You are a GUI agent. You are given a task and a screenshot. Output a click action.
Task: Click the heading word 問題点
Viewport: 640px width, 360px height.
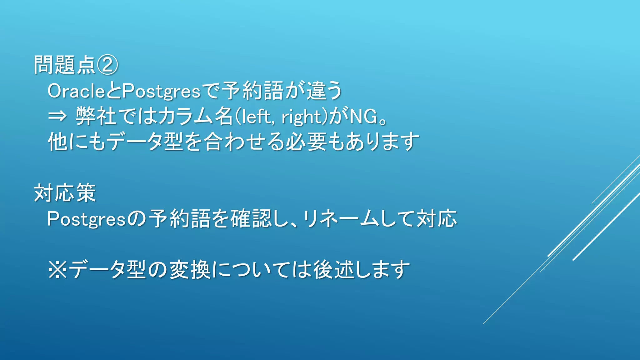(x=64, y=65)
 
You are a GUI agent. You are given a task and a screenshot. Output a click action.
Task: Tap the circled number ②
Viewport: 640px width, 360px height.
(x=107, y=65)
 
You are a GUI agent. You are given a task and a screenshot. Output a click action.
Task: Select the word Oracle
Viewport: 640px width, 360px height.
(x=76, y=91)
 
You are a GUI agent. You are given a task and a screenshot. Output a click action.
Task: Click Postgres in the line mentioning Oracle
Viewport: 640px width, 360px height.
(x=161, y=91)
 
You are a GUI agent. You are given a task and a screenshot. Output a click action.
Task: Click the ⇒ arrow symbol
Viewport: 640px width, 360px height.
(x=57, y=117)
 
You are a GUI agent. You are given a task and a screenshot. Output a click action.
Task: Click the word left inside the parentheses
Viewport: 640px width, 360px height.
(x=256, y=117)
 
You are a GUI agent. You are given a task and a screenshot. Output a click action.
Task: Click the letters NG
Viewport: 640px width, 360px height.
(x=363, y=117)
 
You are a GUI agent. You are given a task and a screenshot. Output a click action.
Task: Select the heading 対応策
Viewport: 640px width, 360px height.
(x=65, y=193)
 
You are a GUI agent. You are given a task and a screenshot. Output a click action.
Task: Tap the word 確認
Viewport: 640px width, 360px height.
(x=252, y=218)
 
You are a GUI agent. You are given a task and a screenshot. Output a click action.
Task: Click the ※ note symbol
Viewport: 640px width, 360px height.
(x=57, y=270)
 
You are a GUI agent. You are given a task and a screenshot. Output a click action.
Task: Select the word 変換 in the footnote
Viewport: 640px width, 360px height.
(x=190, y=270)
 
